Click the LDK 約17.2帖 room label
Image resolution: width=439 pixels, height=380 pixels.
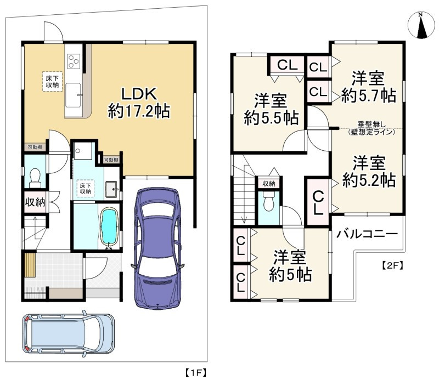[x=139, y=103]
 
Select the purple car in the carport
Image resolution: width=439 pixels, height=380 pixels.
[x=158, y=248]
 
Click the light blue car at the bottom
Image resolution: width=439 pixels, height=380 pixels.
[x=68, y=335]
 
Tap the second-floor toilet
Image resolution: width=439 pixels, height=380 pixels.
[x=268, y=201]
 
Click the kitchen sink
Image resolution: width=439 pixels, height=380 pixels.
[x=74, y=95]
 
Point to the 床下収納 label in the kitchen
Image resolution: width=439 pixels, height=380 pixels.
[x=52, y=81]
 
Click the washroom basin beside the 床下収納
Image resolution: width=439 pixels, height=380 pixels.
[x=112, y=189]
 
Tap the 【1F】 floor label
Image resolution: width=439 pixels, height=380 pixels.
[x=196, y=373]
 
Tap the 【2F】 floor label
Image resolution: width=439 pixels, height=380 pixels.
[x=392, y=265]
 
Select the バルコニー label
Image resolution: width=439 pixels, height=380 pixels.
[x=367, y=234]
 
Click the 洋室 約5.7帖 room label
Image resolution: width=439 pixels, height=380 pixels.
[x=368, y=87]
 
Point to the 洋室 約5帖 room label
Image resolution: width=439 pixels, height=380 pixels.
[x=290, y=266]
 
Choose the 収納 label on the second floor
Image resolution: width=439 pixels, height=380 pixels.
[x=268, y=184]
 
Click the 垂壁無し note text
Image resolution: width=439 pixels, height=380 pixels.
[x=372, y=124]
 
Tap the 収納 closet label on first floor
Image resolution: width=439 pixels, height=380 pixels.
[x=35, y=202]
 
